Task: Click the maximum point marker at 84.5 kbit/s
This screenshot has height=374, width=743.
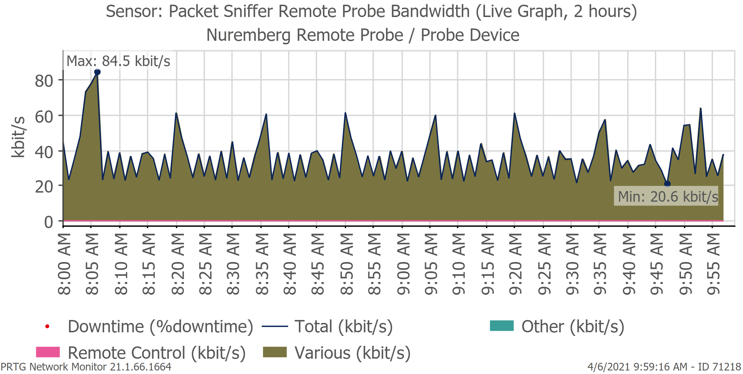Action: pos(97,72)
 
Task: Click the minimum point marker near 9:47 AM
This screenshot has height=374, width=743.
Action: pos(667,184)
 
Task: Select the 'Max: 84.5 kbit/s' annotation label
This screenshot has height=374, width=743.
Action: pos(118,61)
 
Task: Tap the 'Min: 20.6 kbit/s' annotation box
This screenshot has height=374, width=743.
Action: pos(666,196)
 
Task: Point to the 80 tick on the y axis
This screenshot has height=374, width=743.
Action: pos(44,81)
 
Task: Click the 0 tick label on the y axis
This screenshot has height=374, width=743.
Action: pos(48,222)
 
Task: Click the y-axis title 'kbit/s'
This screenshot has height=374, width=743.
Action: pos(18,137)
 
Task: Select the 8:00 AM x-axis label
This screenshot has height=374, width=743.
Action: pos(64,264)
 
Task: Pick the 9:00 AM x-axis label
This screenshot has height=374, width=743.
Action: pos(403,264)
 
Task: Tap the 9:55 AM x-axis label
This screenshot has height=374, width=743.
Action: pos(713,264)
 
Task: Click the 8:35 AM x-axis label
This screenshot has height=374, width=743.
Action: pos(262,264)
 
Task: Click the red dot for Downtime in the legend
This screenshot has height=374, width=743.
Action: pos(47,326)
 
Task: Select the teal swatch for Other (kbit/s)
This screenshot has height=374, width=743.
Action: pos(502,326)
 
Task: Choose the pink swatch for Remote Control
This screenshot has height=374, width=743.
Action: pos(48,352)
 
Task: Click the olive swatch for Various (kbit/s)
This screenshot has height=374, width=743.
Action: pos(274,352)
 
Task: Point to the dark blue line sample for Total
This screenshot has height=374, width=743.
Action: pos(274,326)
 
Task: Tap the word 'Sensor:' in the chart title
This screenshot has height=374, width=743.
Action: pos(134,12)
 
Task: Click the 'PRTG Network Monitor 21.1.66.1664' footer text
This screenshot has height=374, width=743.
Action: pos(86,367)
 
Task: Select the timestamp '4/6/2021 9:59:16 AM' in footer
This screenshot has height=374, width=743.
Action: pos(637,367)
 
